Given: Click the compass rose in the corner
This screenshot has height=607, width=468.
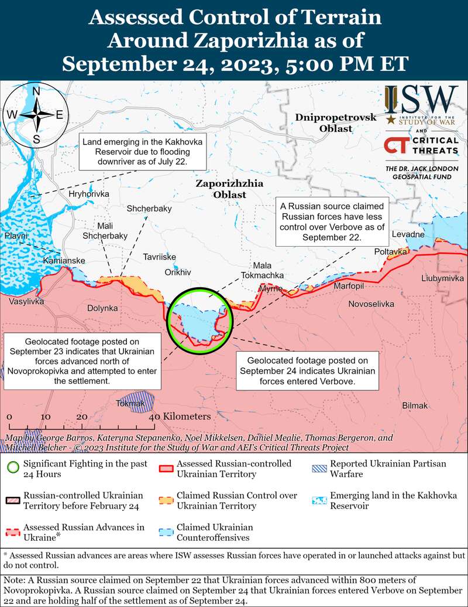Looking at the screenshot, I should pos(36,114).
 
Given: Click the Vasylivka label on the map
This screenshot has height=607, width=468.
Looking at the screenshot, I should pos(27,302).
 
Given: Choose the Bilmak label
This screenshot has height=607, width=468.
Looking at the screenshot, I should pos(415,405).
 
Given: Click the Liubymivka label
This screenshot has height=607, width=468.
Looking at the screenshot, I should pos(442,278).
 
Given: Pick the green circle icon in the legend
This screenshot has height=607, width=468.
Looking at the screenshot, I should pos(11,468).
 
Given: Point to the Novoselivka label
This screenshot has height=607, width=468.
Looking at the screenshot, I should pos(371,304).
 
